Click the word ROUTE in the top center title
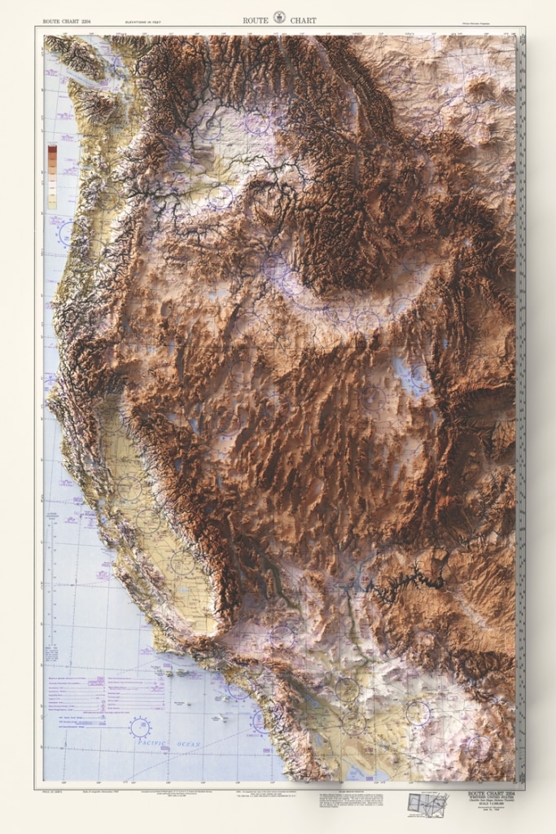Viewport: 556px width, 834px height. coord(256,20)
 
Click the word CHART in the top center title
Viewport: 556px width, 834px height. coord(302,20)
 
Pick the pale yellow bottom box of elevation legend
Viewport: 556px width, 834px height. coord(52,203)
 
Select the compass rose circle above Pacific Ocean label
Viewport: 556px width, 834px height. coord(140,726)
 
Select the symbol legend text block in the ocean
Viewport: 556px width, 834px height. coord(106,692)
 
